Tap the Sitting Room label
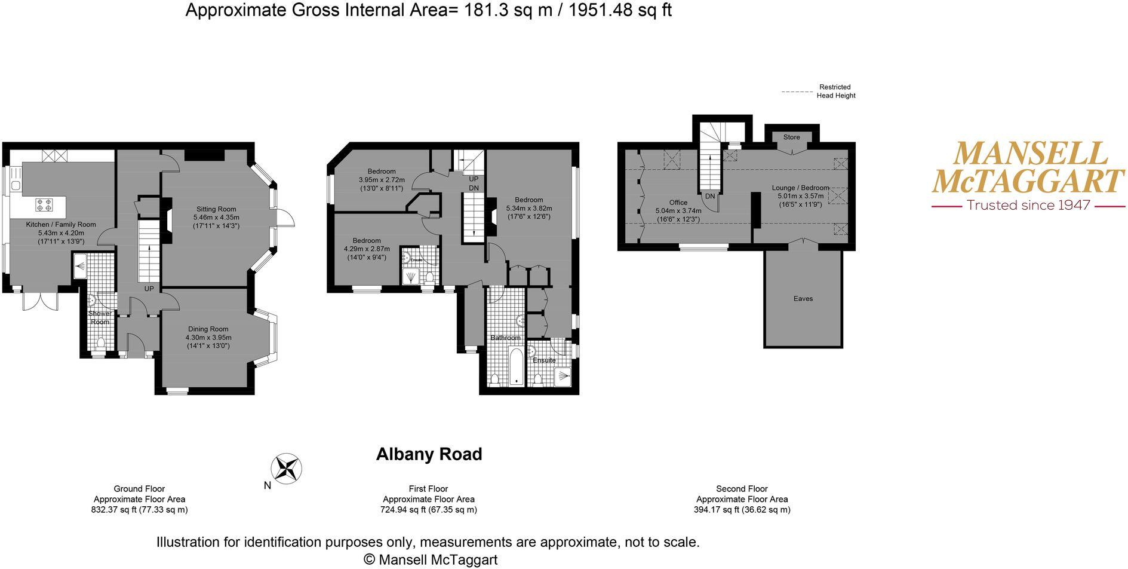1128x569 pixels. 216,209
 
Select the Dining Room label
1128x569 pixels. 208,329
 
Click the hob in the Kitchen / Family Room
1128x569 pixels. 44,205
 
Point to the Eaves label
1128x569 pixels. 803,298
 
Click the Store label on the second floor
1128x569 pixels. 791,137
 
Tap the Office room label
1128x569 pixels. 678,203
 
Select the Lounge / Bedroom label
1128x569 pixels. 800,188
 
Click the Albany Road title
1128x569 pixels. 429,454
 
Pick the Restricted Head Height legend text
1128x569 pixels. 835,91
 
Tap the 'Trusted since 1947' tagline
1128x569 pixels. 1028,205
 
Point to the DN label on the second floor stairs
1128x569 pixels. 710,196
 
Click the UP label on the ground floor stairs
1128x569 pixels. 149,289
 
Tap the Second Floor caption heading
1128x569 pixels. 742,488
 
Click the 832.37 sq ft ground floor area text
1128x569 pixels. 139,510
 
